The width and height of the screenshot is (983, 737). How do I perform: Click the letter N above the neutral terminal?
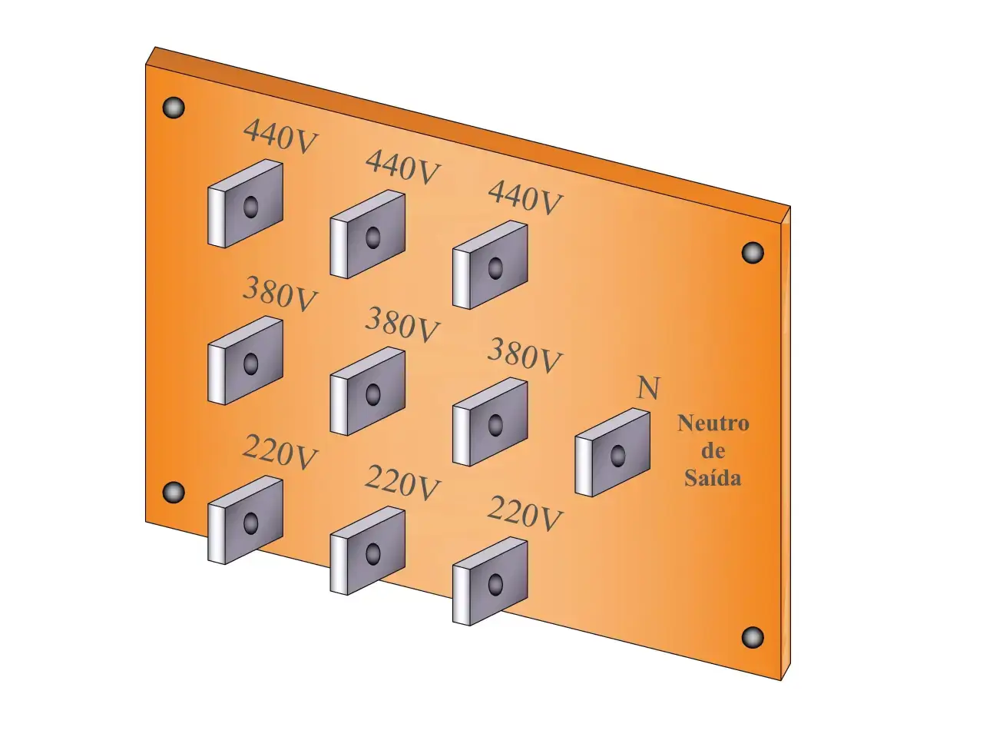tap(648, 388)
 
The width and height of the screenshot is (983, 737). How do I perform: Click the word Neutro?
tap(713, 423)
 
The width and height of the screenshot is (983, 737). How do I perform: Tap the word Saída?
tap(713, 477)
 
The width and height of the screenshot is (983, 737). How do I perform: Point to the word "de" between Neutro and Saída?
tap(713, 450)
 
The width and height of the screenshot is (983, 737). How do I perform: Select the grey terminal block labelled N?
tap(612, 452)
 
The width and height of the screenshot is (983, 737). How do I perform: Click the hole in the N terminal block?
tap(618, 456)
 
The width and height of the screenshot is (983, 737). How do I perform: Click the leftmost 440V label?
tap(280, 136)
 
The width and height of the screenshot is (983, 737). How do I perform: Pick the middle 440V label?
tap(402, 167)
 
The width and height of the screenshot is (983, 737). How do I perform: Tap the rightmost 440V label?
tap(525, 198)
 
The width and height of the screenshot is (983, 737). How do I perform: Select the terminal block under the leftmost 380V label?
tap(245, 360)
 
